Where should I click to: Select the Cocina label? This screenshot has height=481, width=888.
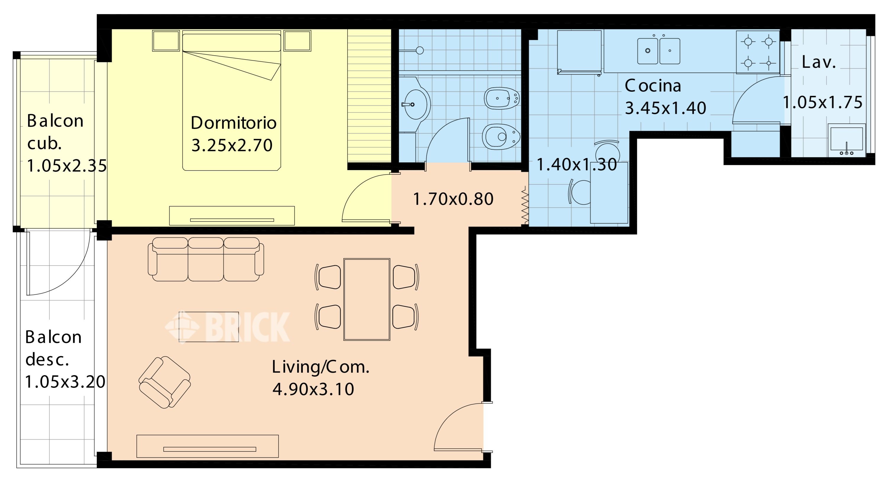click(653, 85)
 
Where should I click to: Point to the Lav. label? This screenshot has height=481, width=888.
click(819, 62)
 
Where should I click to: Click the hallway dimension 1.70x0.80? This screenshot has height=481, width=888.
click(453, 199)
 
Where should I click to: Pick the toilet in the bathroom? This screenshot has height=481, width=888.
click(501, 137)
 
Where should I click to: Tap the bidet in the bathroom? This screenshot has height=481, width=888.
click(501, 98)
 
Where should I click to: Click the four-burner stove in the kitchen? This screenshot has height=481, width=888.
click(758, 52)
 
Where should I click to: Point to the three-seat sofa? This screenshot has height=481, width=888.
click(206, 259)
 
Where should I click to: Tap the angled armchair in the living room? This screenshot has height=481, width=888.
click(165, 382)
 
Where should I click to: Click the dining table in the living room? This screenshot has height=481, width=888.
click(367, 299)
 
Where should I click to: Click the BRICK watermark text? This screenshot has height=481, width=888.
click(247, 327)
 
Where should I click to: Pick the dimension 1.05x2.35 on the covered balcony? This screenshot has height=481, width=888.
click(67, 166)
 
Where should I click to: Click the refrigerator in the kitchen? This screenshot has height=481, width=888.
click(579, 52)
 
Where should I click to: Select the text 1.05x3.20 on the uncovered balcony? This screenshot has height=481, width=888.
click(65, 382)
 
